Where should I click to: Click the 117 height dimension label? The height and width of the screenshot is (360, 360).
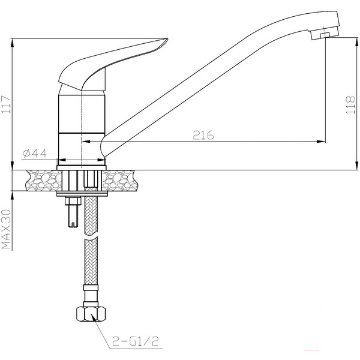click(7, 105)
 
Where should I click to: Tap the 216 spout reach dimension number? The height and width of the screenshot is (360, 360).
click(203, 136)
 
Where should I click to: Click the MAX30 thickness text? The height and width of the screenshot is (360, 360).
click(7, 229)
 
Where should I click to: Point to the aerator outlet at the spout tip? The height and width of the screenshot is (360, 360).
click(323, 36)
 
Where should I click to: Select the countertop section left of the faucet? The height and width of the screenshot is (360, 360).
click(36, 178)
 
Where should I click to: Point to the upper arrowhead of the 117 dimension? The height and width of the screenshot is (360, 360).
click(12, 43)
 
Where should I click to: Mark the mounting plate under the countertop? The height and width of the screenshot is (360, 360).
click(82, 194)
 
